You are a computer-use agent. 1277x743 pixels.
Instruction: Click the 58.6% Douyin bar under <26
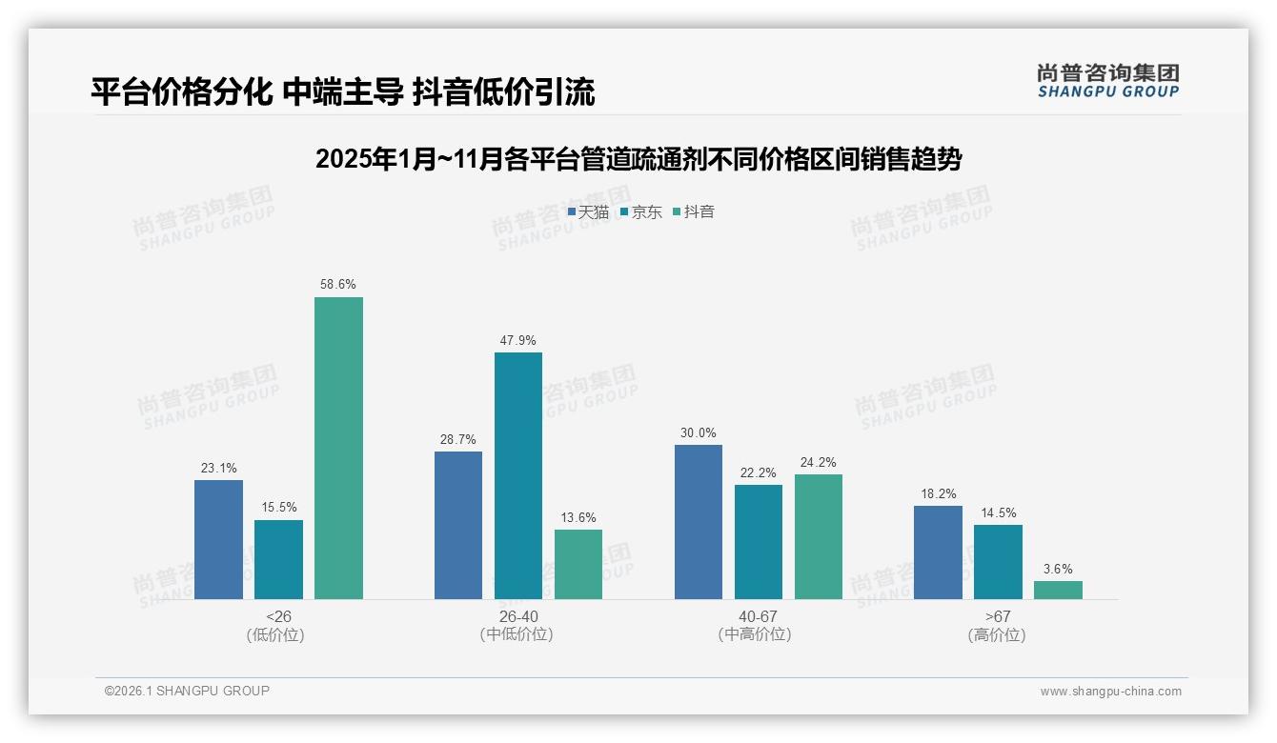point(338,448)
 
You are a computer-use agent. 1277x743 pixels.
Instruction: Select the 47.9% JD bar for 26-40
point(517,475)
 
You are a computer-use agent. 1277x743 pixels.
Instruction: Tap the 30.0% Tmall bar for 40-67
point(699,521)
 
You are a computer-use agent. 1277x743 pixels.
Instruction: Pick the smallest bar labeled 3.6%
point(1058,590)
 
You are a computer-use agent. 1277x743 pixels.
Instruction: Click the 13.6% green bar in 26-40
point(578,564)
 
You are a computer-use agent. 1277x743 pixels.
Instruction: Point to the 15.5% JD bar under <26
point(278,559)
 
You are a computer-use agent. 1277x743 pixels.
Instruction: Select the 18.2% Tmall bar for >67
point(938,552)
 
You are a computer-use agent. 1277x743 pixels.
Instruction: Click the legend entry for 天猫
point(588,211)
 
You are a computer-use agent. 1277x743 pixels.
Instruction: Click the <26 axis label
point(278,616)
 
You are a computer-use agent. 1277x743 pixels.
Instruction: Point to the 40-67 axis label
point(758,616)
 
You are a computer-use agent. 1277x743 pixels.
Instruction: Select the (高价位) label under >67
point(997,635)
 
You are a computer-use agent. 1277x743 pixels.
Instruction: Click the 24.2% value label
point(819,463)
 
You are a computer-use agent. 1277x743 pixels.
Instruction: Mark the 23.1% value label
point(218,469)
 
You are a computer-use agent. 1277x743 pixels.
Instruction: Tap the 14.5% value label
point(998,513)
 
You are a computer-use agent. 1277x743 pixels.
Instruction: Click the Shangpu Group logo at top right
point(1107,81)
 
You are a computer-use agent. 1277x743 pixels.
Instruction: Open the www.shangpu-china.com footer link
point(1110,692)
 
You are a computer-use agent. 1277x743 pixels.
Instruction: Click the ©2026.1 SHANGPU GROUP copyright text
point(187,691)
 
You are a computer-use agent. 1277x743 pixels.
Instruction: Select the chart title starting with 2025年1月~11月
point(638,159)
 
